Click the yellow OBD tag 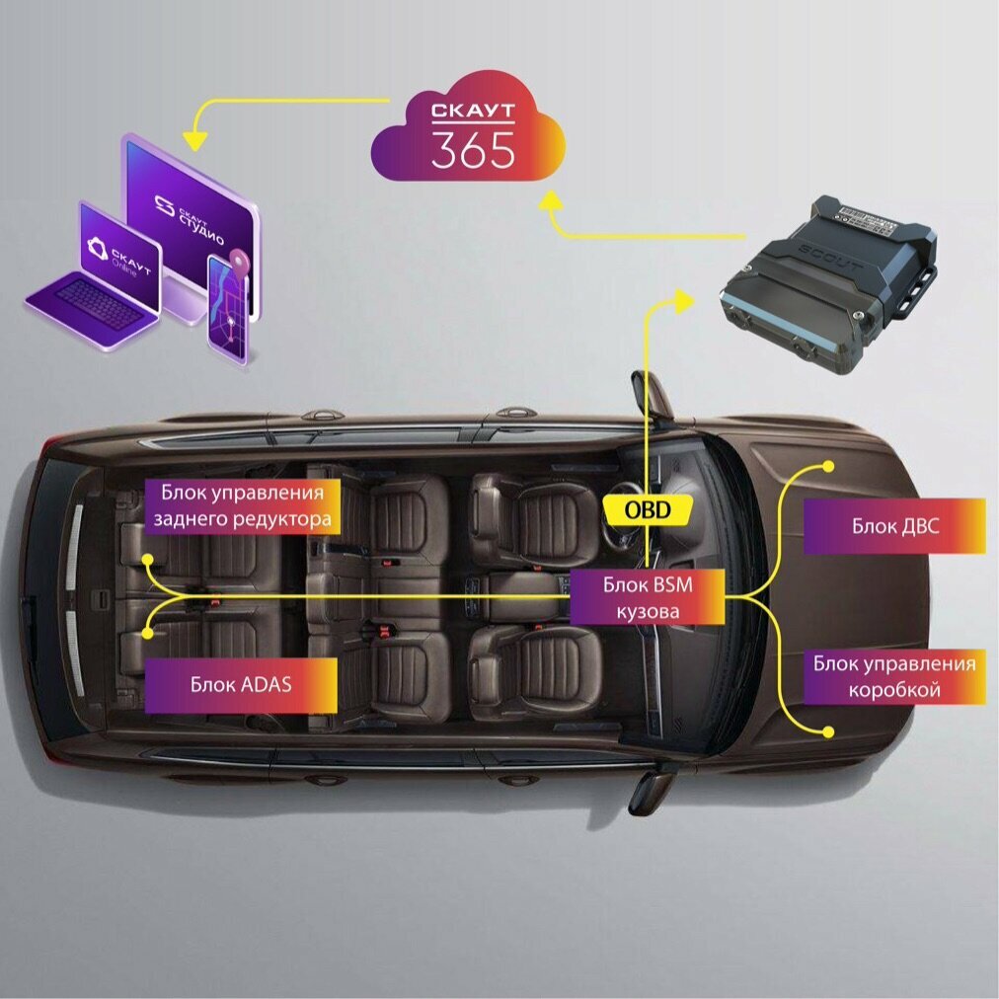click(x=647, y=509)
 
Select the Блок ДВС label click(x=894, y=526)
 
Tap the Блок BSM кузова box click(x=648, y=598)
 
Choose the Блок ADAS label click(x=241, y=683)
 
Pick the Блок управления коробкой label click(x=894, y=676)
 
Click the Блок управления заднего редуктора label click(x=243, y=504)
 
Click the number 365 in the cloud click(x=473, y=149)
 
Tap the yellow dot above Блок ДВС click(x=828, y=465)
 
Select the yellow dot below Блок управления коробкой click(x=828, y=731)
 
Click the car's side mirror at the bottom click(x=651, y=790)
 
